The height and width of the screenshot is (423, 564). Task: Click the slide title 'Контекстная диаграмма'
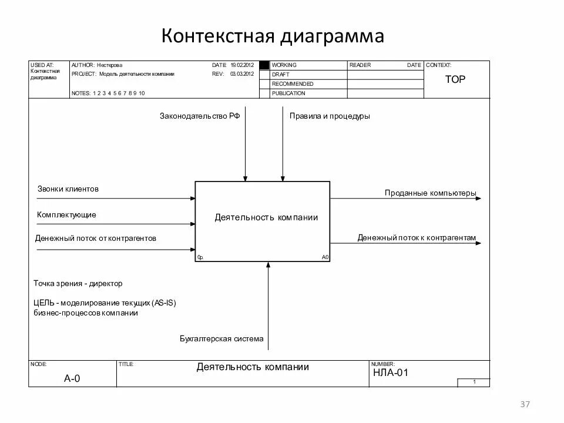tap(273, 36)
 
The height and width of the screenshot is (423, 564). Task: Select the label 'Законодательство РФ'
tap(200, 116)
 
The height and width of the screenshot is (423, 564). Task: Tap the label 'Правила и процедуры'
tap(330, 116)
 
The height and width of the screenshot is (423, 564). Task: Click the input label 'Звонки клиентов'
tap(68, 189)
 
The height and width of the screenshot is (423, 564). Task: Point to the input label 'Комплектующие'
tap(66, 215)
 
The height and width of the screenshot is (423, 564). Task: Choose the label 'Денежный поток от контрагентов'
tap(96, 239)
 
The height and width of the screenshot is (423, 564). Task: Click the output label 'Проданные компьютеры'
tap(431, 193)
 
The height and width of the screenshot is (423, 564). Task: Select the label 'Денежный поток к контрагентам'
tap(417, 238)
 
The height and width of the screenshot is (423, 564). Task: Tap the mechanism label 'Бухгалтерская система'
tap(221, 339)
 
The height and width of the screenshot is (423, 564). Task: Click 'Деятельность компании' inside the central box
tap(266, 217)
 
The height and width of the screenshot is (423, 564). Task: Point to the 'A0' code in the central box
tap(325, 257)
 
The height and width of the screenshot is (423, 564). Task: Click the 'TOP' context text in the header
tap(455, 79)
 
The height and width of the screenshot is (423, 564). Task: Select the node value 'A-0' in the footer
tap(72, 378)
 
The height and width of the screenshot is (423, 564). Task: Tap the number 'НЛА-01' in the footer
tap(390, 372)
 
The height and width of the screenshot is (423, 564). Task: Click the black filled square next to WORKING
tap(264, 65)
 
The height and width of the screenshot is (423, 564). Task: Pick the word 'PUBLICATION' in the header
tap(288, 93)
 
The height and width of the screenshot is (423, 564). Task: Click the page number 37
tap(525, 404)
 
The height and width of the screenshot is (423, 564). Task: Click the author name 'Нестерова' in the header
tap(110, 65)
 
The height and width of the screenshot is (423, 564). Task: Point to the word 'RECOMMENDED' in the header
tap(293, 84)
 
